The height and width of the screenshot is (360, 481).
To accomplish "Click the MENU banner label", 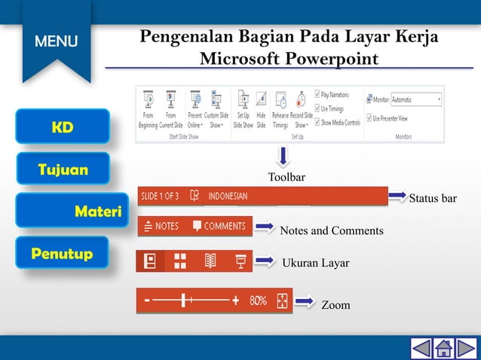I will click(x=56, y=41).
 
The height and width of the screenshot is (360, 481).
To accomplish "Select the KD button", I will click(x=63, y=127).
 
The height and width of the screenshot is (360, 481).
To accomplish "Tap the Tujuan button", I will click(x=63, y=169).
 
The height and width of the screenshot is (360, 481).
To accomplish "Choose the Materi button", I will click(x=63, y=212).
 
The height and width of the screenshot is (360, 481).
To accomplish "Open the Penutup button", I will click(x=63, y=254).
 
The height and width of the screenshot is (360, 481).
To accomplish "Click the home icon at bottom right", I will click(x=444, y=348).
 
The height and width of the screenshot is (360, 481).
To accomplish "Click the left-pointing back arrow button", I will click(x=421, y=348).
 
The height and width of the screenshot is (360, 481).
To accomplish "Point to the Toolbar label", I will click(x=286, y=177).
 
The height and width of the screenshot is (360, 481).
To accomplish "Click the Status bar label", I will click(x=433, y=199).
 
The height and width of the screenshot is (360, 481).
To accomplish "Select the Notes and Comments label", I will click(x=331, y=230).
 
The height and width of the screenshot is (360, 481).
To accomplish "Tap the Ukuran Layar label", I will click(x=315, y=263).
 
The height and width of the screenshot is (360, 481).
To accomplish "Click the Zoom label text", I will click(x=335, y=305).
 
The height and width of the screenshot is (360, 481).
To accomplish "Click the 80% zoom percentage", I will click(x=259, y=301).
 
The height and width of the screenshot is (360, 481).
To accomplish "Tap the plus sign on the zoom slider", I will click(x=236, y=301).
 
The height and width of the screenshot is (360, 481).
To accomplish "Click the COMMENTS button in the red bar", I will click(x=219, y=226).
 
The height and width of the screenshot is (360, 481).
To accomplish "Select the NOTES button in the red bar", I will click(x=161, y=226).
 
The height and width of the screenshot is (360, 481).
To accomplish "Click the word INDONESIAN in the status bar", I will click(x=228, y=197).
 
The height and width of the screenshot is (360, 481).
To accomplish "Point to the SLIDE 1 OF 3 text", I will click(x=159, y=197).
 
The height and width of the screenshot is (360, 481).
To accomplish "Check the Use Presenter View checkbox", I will click(x=369, y=118).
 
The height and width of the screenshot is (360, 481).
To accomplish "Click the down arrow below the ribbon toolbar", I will click(x=283, y=157).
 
